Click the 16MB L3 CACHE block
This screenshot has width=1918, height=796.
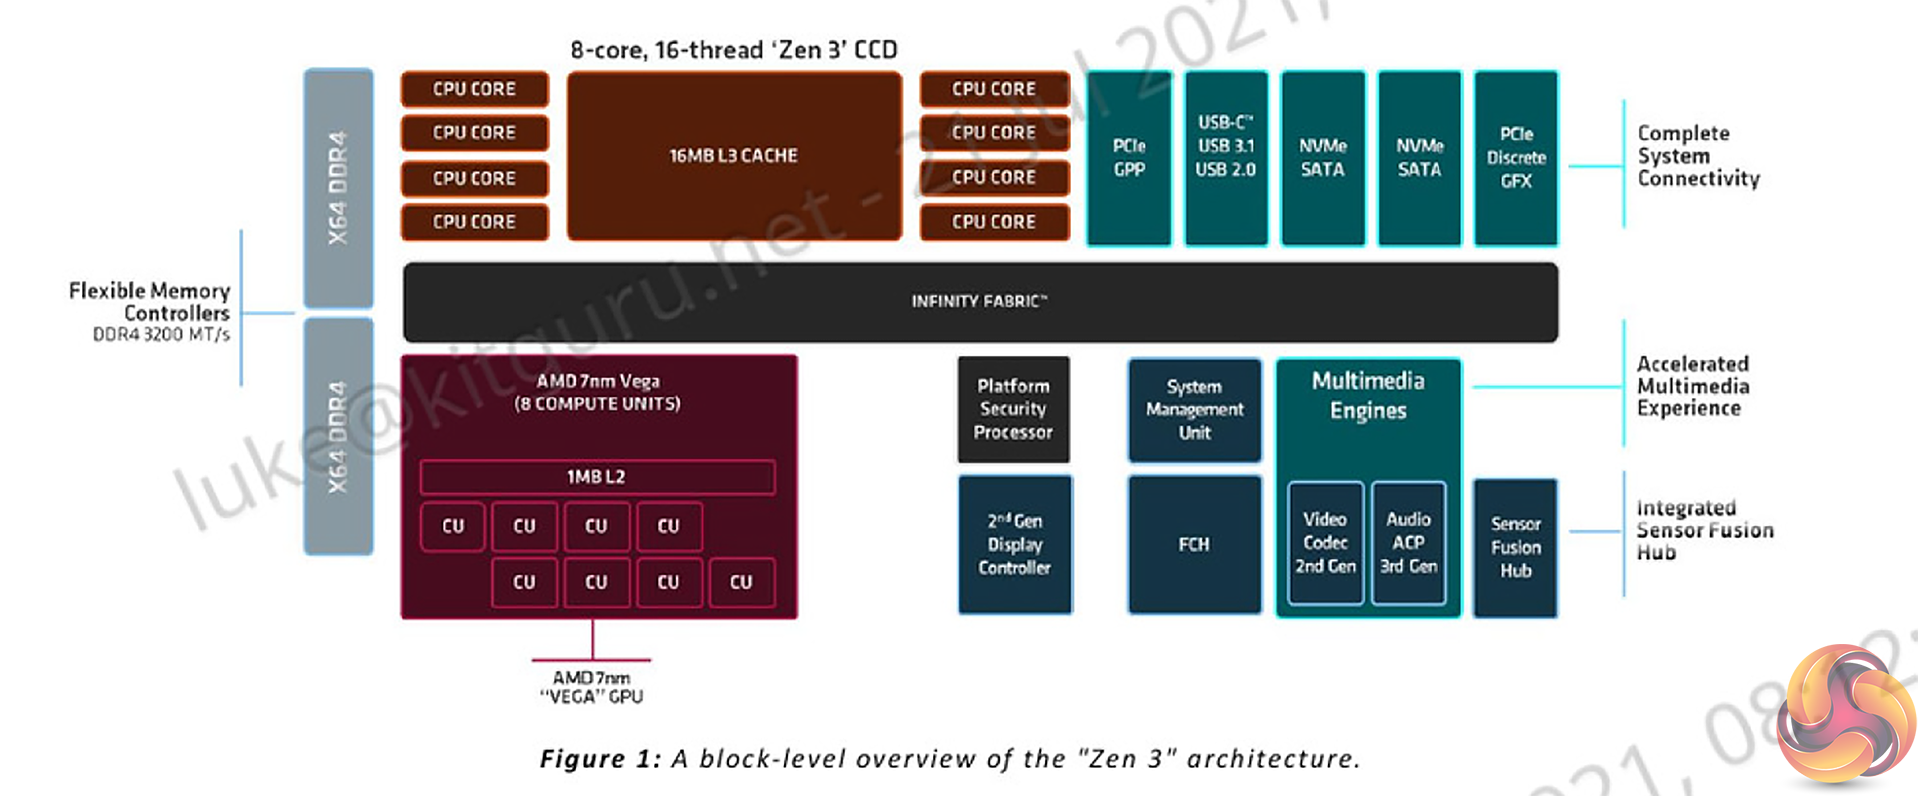point(734,156)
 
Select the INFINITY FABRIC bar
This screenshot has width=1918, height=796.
point(979,301)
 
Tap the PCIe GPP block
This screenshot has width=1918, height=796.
point(1129,158)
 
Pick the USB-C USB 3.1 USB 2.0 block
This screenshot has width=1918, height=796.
point(1226,158)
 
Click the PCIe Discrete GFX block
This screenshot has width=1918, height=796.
point(1515,158)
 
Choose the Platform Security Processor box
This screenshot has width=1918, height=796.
point(1013,409)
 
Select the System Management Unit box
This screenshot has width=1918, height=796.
point(1194,409)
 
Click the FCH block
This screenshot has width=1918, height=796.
point(1194,544)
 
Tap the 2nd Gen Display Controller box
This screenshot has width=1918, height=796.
point(1014,544)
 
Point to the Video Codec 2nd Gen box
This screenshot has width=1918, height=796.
point(1325,543)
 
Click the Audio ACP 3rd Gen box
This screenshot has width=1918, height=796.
point(1408,543)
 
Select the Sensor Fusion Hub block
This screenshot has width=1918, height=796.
point(1515,547)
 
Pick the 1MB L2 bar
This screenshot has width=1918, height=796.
point(596,477)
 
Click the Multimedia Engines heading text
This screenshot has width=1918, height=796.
point(1368,396)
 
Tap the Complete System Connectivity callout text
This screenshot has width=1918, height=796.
point(1697,156)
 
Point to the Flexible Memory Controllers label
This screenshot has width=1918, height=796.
point(150,302)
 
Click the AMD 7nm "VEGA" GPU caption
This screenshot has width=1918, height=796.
point(591,687)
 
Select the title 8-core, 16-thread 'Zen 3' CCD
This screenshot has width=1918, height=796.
point(734,50)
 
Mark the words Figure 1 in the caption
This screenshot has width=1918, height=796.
point(599,759)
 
